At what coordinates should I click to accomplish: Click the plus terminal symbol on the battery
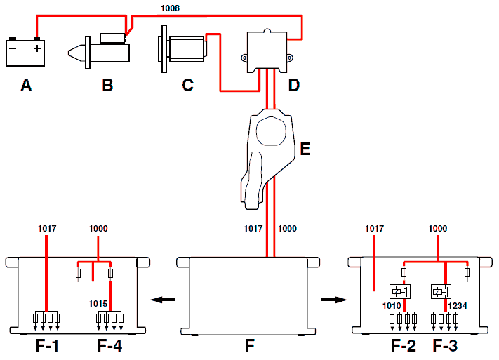click(37, 48)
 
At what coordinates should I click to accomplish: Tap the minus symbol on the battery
click(13, 48)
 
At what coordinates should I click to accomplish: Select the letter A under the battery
click(26, 86)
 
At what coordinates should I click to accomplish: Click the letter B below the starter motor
click(107, 86)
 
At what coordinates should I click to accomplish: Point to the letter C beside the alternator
click(188, 86)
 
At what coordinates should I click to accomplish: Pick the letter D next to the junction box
click(294, 86)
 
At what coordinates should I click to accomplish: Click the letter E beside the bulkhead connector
click(305, 149)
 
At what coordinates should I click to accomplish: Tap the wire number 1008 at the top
click(170, 8)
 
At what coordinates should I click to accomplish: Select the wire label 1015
click(98, 304)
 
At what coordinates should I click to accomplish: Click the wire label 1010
click(392, 305)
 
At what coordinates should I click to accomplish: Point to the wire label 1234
click(458, 305)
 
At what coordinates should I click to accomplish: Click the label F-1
click(47, 346)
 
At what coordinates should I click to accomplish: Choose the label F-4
click(109, 346)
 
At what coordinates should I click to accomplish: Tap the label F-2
click(404, 346)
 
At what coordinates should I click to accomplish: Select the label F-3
click(445, 346)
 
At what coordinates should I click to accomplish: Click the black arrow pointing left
click(163, 300)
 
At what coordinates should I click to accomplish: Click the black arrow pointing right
click(334, 300)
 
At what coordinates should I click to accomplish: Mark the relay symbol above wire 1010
click(400, 291)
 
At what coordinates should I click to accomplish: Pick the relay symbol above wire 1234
click(441, 291)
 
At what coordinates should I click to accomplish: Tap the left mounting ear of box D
click(244, 58)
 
